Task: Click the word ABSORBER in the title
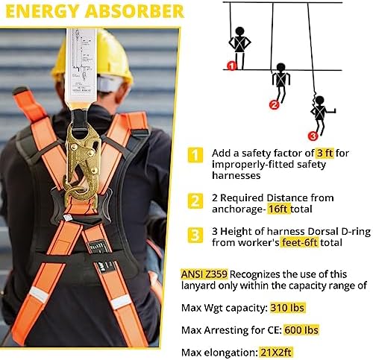click(134, 11)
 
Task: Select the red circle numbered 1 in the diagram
click(232, 66)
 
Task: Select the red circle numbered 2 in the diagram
click(275, 105)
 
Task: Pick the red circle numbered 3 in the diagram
click(313, 136)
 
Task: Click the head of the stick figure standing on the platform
click(239, 31)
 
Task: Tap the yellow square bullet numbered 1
click(195, 155)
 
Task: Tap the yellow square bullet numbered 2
click(195, 200)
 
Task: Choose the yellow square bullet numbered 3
click(195, 235)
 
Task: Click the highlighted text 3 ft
click(325, 154)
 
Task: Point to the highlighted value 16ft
click(279, 209)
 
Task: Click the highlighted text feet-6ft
click(299, 242)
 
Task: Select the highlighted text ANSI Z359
click(204, 274)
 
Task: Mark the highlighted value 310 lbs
click(287, 308)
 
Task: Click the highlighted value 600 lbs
click(301, 330)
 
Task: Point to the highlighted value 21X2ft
click(275, 353)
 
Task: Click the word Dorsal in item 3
click(323, 231)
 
